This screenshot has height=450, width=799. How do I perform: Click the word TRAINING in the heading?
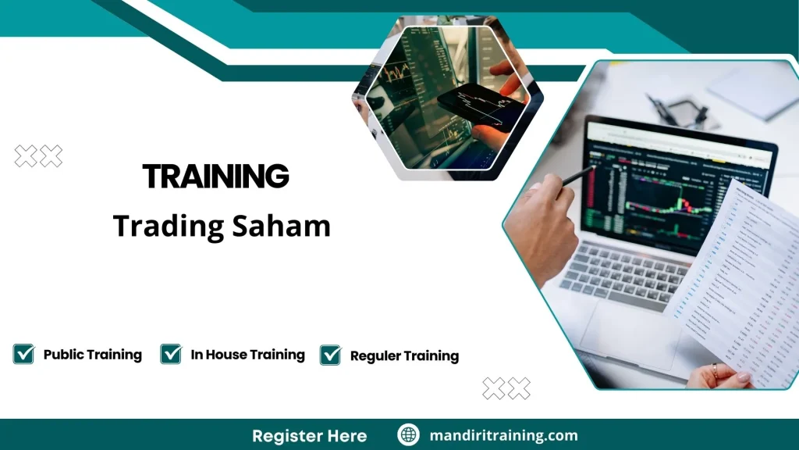pyautogui.click(x=216, y=177)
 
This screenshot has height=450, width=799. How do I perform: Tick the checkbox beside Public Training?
pyautogui.click(x=23, y=355)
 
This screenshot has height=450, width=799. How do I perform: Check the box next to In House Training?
pyautogui.click(x=171, y=355)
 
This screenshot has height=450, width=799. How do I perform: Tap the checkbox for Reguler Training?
pyautogui.click(x=330, y=355)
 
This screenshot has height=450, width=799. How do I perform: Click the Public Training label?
pyautogui.click(x=92, y=355)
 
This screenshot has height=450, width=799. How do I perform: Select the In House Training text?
pyautogui.click(x=247, y=355)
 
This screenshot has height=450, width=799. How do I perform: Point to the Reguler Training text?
pyautogui.click(x=404, y=356)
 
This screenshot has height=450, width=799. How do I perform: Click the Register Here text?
pyautogui.click(x=309, y=435)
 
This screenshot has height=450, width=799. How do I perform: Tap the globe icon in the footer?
pyautogui.click(x=409, y=434)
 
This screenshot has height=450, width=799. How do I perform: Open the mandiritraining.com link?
pyautogui.click(x=503, y=435)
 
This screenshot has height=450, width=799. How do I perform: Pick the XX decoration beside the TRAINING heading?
pyautogui.click(x=38, y=156)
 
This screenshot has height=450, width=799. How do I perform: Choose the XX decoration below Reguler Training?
pyautogui.click(x=506, y=387)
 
